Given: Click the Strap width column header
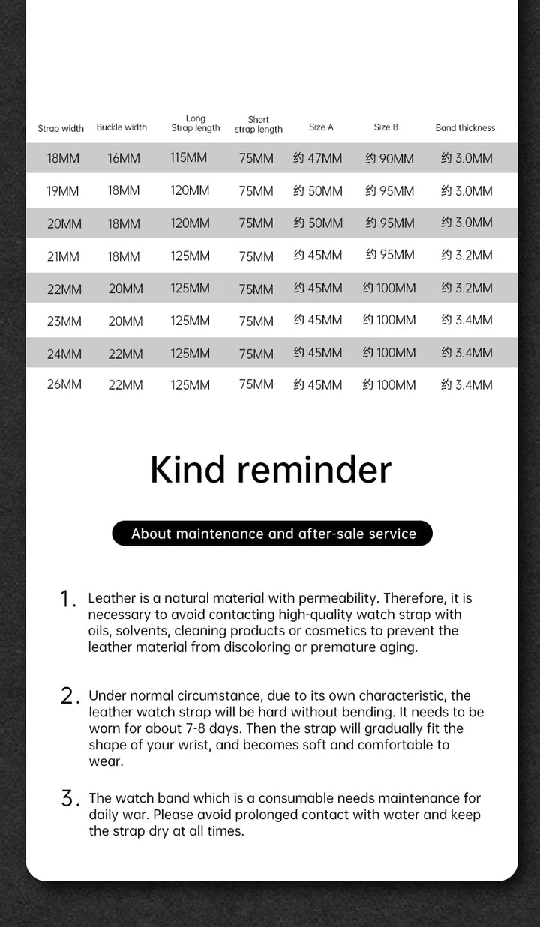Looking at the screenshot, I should pyautogui.click(x=61, y=128).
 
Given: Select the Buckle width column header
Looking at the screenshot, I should pyautogui.click(x=121, y=127).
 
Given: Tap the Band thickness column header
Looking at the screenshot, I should pyautogui.click(x=465, y=128).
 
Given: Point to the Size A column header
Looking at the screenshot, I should pyautogui.click(x=321, y=127).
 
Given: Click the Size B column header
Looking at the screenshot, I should pyautogui.click(x=386, y=127).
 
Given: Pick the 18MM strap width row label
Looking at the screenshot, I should pyautogui.click(x=63, y=158).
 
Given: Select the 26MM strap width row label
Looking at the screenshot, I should pyautogui.click(x=64, y=384).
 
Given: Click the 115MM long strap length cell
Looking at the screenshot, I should pyautogui.click(x=189, y=158).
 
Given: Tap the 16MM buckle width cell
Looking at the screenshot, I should pyautogui.click(x=124, y=158).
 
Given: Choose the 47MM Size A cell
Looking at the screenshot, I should pyautogui.click(x=318, y=158).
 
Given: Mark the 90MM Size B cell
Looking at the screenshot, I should pyautogui.click(x=389, y=158).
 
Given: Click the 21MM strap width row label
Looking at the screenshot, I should pyautogui.click(x=63, y=256).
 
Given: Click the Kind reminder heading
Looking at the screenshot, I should pyautogui.click(x=271, y=470).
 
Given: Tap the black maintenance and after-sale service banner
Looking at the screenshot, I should pyautogui.click(x=272, y=534).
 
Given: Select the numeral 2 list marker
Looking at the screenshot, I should pyautogui.click(x=69, y=696).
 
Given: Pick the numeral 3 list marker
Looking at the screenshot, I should pyautogui.click(x=69, y=799).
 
